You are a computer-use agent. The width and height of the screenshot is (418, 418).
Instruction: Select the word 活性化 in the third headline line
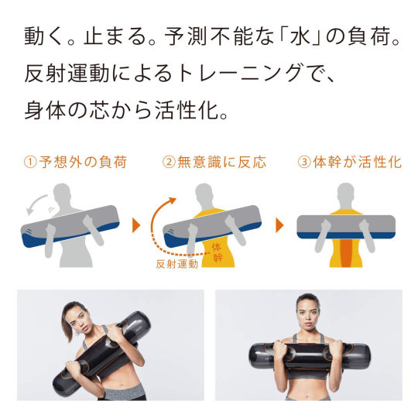pos(187,111)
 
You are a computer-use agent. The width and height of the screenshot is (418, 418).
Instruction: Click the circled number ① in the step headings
pos(30,162)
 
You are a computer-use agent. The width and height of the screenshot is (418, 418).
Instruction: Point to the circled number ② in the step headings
pos(169,162)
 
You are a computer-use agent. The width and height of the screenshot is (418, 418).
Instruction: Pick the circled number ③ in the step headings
pos(304,162)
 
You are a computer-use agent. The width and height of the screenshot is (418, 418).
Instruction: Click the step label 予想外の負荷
pos(83,162)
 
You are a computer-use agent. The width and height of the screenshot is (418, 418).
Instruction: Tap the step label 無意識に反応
pos(222,162)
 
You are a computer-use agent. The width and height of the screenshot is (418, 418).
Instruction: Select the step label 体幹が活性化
pos(358,162)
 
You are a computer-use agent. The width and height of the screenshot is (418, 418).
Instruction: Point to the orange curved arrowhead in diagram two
pos(172,200)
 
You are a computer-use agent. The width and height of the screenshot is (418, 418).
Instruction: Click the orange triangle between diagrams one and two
pos(136,225)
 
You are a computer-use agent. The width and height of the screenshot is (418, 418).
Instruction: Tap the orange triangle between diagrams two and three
pos(279,225)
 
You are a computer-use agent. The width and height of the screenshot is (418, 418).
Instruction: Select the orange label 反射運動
pos(177,264)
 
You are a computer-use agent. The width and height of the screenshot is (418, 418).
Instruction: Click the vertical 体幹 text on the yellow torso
pos(217,252)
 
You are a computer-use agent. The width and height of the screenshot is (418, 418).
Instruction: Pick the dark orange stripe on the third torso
pos(346,252)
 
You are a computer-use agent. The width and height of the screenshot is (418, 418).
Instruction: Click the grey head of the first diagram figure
pos(62,194)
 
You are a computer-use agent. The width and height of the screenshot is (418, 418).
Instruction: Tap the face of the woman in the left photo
pos(81,320)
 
